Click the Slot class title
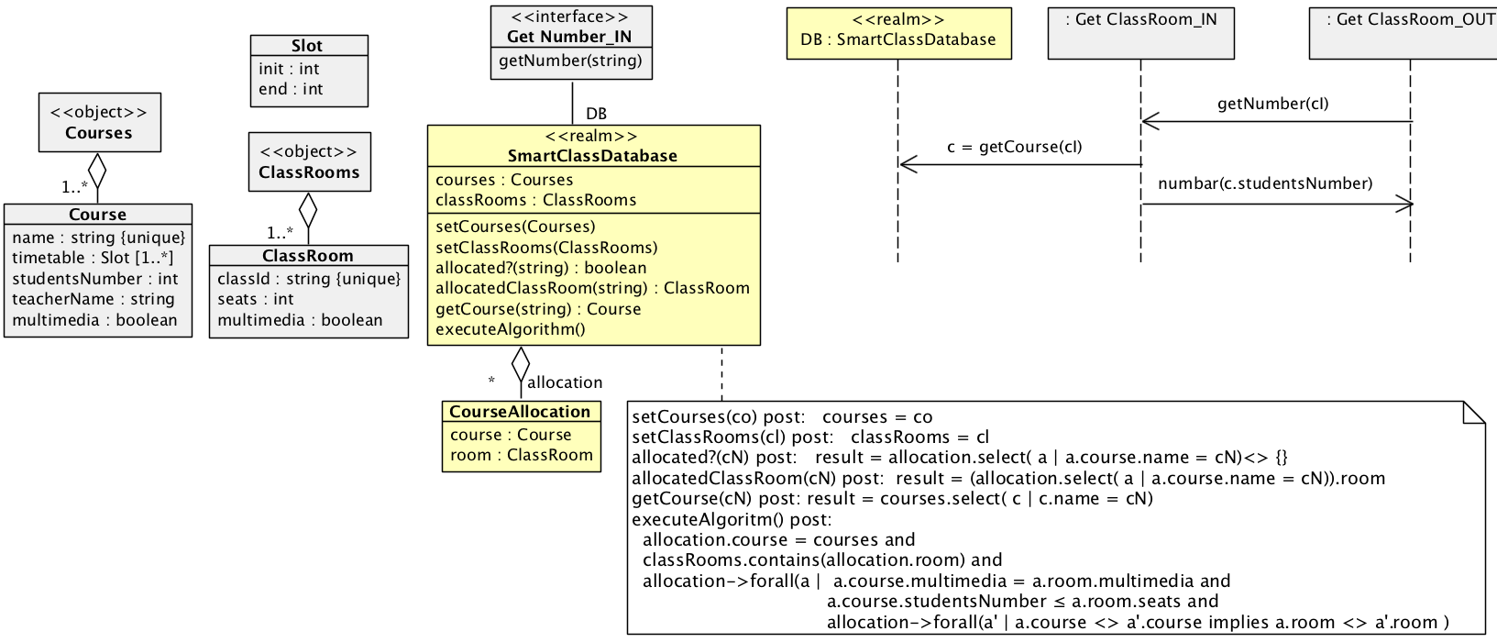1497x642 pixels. tap(307, 46)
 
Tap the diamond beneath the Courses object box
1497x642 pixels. tap(97, 170)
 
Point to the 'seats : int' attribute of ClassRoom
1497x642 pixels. tap(256, 299)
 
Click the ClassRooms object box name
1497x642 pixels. tap(309, 172)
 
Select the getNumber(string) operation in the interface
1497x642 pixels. tap(570, 61)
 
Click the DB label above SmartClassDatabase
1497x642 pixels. tap(596, 114)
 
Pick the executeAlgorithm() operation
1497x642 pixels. tap(510, 329)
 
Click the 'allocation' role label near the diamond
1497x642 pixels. tap(565, 382)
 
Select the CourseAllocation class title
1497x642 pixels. tap(520, 412)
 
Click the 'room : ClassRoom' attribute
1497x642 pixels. tap(522, 455)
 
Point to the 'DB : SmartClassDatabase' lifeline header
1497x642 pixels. tap(898, 39)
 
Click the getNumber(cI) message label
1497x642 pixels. tap(1272, 104)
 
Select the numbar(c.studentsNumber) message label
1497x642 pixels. tap(1265, 183)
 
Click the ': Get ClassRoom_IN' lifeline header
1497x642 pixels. tap(1140, 19)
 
